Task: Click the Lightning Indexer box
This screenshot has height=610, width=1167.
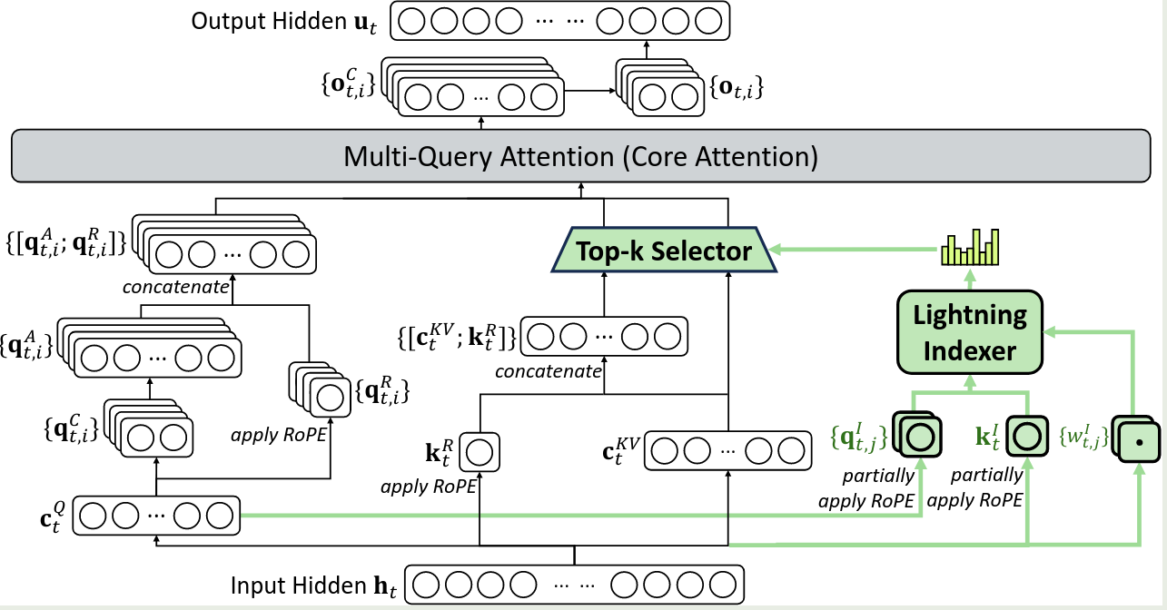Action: [969, 332]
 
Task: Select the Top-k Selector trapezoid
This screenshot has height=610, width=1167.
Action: [664, 251]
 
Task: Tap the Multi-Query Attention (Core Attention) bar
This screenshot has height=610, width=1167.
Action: [581, 157]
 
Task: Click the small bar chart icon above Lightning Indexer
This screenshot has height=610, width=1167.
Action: [969, 246]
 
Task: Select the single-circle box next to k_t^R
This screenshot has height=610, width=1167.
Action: [480, 451]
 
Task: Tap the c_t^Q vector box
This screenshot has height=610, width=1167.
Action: [156, 516]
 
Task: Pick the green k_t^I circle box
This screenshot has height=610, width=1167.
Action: [1026, 435]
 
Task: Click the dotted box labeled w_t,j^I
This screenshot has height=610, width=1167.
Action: [1135, 443]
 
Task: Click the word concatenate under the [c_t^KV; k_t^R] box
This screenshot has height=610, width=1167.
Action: [549, 370]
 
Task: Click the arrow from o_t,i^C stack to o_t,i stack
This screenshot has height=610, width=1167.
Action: [590, 90]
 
